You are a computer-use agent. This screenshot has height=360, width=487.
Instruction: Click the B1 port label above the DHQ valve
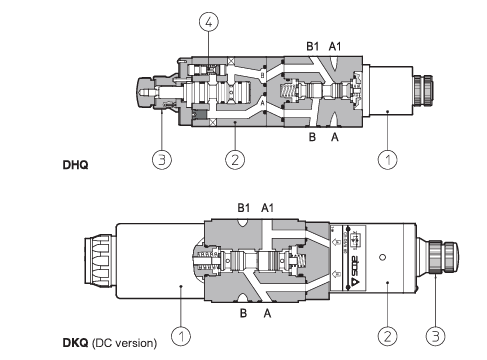coord(312,46)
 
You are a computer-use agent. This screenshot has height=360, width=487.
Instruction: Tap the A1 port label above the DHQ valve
coord(335,46)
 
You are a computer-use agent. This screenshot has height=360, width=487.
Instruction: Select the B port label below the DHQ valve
coord(312,137)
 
